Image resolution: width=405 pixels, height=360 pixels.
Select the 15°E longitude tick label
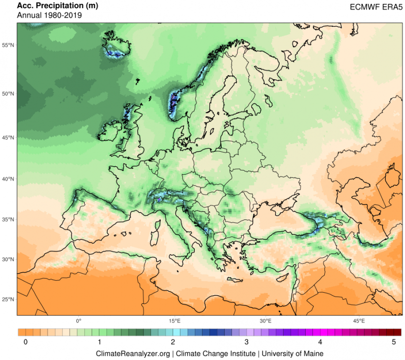[x=175, y=321]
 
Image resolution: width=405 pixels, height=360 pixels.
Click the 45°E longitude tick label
[x=359, y=321]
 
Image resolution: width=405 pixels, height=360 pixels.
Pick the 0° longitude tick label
[x=79, y=321]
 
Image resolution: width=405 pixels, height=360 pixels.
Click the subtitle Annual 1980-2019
[x=49, y=15]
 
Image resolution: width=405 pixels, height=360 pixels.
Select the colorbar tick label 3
[x=246, y=342]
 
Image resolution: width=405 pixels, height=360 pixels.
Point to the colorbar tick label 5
[x=393, y=342]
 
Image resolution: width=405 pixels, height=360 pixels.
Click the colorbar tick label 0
[x=24, y=342]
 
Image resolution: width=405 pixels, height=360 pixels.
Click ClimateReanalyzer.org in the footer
[x=133, y=353]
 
